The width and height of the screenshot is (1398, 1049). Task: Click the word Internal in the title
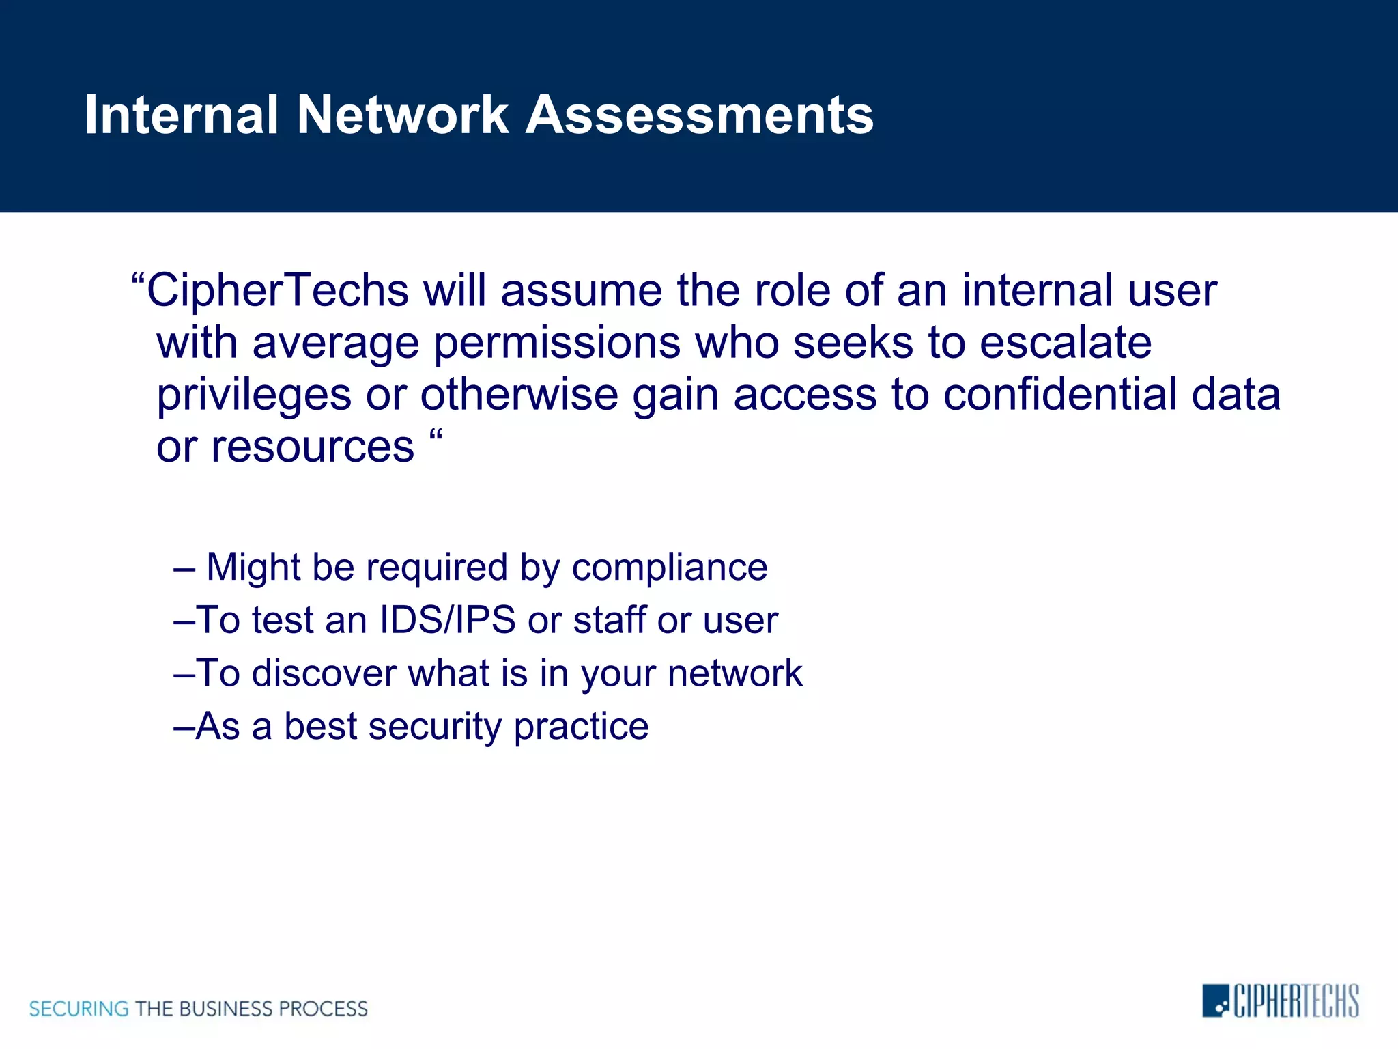(181, 115)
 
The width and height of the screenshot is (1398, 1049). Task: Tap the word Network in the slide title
(403, 115)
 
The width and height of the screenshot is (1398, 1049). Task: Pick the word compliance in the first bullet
(670, 568)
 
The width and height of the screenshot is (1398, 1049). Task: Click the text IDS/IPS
(447, 620)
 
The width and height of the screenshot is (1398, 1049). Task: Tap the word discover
(324, 673)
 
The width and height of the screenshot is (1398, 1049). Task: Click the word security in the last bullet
(435, 727)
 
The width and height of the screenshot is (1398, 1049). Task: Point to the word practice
(581, 727)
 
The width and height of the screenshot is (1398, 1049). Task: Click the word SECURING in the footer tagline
(79, 1009)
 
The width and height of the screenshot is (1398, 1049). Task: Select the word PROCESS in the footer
(323, 1009)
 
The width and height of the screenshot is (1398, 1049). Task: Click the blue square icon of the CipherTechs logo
(1215, 1001)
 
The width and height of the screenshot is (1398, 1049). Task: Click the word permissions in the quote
(556, 342)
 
